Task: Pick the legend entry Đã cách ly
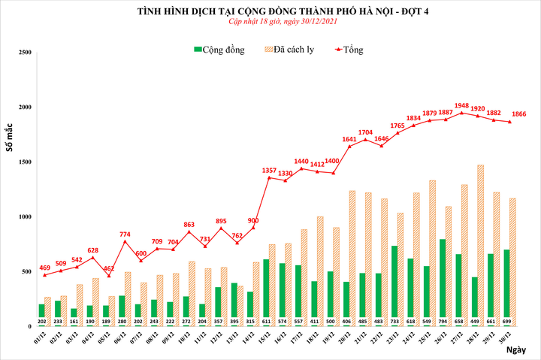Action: pos(292,50)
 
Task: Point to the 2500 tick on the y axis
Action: pos(24,53)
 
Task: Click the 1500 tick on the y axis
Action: pos(24,162)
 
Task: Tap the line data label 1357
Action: pos(268,170)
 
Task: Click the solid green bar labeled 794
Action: pos(442,282)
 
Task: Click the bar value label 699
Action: pos(508,322)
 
